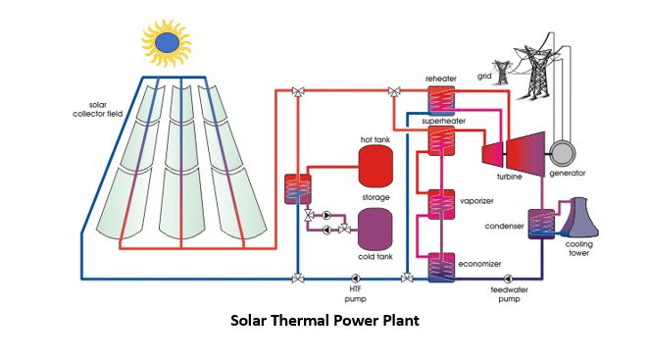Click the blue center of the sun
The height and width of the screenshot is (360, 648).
point(167,41)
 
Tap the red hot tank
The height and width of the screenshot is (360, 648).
point(377,170)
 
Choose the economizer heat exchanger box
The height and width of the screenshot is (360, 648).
point(441,267)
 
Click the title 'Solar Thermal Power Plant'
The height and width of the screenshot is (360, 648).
point(324,321)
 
